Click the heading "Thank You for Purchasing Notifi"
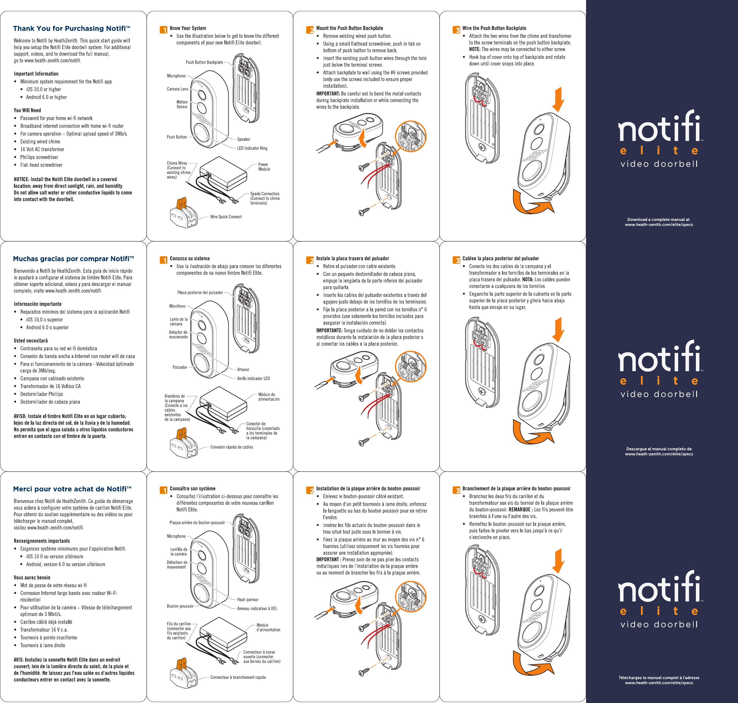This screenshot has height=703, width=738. [x=71, y=28]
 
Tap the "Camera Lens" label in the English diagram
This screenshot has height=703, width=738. [x=177, y=89]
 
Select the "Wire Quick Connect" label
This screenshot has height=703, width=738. [x=226, y=217]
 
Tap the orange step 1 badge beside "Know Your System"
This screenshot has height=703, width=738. [x=163, y=30]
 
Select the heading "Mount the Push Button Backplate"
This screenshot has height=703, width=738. [x=349, y=28]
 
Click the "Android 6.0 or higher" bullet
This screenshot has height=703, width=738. [x=46, y=97]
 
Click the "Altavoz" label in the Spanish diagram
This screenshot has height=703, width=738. [x=243, y=370]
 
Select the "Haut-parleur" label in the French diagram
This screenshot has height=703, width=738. [x=248, y=599]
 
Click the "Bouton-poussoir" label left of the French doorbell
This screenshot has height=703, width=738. [x=180, y=606]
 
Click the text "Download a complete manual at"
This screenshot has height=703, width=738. [x=658, y=220]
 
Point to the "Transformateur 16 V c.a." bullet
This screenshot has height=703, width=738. [x=44, y=630]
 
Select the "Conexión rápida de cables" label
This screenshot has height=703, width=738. [x=231, y=447]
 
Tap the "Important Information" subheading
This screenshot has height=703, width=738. [x=36, y=74]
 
